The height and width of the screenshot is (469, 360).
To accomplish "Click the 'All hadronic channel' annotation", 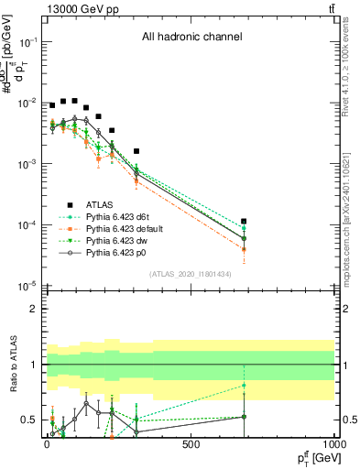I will point(191,38).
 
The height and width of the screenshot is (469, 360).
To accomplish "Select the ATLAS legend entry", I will point(101,205).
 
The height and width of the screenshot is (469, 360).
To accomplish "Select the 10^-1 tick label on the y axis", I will point(29,42).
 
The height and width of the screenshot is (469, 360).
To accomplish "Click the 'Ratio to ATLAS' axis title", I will point(12,365).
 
